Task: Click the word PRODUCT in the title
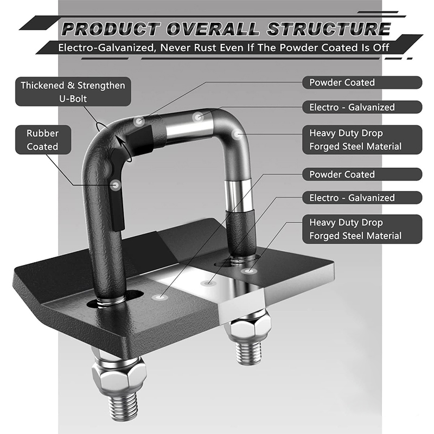[111, 29]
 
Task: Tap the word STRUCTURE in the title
[329, 29]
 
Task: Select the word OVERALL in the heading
[213, 29]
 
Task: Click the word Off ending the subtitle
[381, 48]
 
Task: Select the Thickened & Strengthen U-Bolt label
[73, 92]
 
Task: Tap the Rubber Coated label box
[43, 140]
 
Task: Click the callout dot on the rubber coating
[116, 184]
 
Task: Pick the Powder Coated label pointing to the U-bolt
[362, 82]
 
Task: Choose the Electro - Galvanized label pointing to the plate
[362, 197]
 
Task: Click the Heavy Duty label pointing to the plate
[362, 229]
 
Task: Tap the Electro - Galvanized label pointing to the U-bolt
[362, 107]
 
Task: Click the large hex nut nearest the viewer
[119, 375]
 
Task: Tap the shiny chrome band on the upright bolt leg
[239, 195]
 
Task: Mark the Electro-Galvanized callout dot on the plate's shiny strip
[208, 283]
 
